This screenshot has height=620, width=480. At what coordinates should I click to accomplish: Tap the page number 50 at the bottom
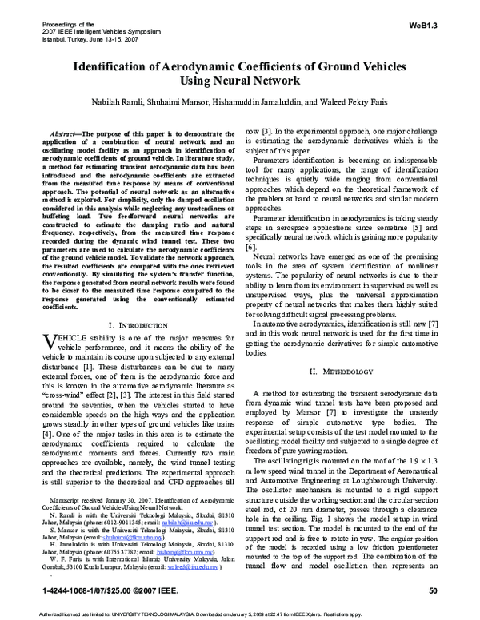click(x=433, y=590)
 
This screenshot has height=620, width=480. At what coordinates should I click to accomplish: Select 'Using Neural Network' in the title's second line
click(x=240, y=81)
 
